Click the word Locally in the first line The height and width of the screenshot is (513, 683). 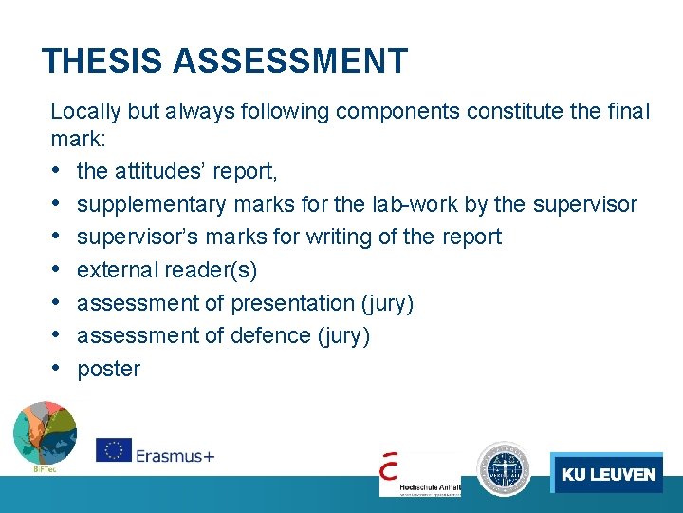[85, 111]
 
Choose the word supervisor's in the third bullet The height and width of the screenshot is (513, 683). [137, 237]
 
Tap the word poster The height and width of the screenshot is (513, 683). [108, 369]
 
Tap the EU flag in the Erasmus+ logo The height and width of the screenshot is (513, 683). [114, 451]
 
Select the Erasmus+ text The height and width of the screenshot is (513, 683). [175, 455]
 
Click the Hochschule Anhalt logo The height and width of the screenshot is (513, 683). [419, 473]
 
